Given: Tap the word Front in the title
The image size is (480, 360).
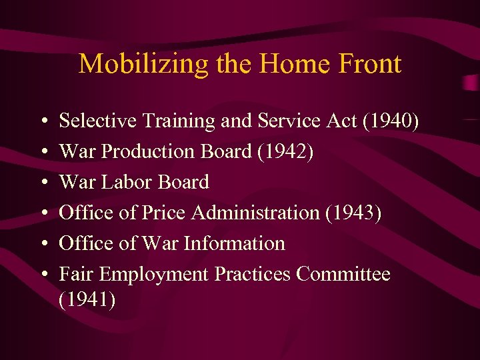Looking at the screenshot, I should [x=369, y=64].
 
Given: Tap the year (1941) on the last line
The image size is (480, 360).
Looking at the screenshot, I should [x=87, y=301].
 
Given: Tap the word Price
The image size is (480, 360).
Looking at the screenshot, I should [x=163, y=213].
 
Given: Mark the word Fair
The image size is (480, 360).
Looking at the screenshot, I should [x=75, y=275].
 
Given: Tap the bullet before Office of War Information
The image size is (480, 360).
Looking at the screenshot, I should [x=43, y=245].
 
